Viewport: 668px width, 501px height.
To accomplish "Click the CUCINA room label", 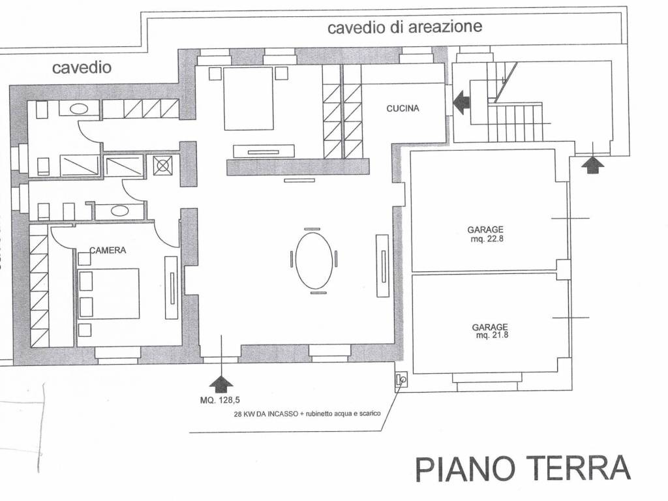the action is point(402,108).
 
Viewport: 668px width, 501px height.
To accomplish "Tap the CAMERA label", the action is point(108,250).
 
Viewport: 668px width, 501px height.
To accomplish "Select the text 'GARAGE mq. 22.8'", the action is point(485,234).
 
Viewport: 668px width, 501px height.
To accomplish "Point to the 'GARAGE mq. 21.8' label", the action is point(490,331).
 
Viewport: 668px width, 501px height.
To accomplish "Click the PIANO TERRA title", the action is point(523,468).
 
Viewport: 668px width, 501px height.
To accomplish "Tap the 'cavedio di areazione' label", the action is point(404,27).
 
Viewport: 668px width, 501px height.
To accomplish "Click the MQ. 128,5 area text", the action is point(220,400).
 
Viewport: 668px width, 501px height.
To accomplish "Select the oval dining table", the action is point(314,261).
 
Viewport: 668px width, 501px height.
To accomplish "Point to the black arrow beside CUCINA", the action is point(462,102).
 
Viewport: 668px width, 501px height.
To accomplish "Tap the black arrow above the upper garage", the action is point(592,164).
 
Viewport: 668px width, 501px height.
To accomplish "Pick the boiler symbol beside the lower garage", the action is point(401,379).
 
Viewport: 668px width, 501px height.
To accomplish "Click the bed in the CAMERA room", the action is point(109,294).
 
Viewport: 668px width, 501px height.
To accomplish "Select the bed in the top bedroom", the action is point(249,99).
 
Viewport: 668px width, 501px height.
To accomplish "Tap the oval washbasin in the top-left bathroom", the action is point(79,109).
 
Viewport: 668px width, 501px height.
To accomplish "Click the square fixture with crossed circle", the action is point(162,165).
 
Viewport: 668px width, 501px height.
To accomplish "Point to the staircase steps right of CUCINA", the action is point(515,122).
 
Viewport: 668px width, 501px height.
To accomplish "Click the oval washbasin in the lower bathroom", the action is point(119,211).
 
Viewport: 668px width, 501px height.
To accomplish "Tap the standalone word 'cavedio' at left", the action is point(82,67).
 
